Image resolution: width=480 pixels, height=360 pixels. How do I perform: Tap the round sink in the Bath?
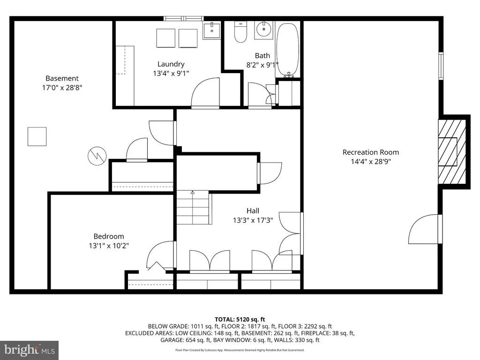pos(263,30)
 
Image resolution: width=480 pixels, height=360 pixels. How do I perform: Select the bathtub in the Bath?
pos(287,49)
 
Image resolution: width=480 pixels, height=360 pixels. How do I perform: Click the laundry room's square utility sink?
pos(211,30)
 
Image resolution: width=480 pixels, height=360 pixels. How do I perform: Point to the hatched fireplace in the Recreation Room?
pos(452,151)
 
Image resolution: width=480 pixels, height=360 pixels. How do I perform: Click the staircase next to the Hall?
pos(194,207)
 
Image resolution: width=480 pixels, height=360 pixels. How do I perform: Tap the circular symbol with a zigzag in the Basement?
pos(97,156)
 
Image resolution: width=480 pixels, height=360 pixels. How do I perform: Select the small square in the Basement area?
pos(37,136)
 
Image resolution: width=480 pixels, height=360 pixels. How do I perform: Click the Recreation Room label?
pos(371,152)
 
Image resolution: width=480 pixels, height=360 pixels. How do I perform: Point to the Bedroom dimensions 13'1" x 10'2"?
pos(109,246)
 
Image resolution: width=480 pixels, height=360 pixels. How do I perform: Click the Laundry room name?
pos(171,64)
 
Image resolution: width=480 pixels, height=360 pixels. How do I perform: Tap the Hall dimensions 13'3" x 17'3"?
pos(253,220)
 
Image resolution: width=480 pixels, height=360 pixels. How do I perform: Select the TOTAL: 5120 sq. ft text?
pos(240,320)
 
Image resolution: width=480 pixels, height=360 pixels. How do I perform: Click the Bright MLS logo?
pos(30,350)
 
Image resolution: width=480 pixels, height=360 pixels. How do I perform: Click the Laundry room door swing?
pos(205,92)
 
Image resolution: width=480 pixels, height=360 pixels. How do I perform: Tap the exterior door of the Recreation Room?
pos(425,229)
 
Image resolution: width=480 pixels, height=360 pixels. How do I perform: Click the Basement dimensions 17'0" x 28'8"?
pos(62,88)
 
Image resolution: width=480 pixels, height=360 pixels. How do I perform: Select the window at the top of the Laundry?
pos(184,18)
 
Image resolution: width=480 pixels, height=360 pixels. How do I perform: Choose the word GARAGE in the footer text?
pos(172,340)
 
